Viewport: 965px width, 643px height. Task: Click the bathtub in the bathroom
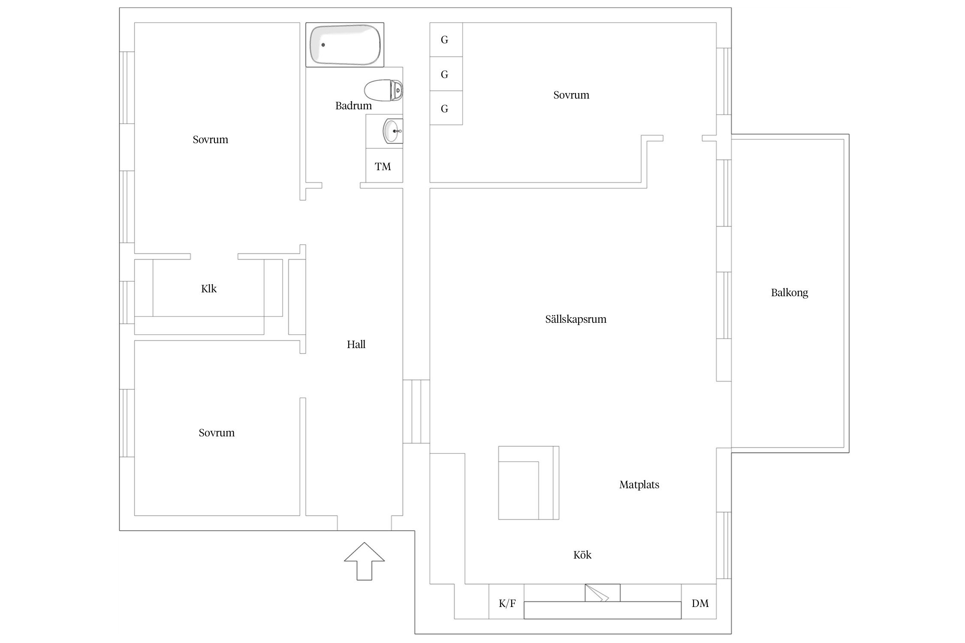[344, 45]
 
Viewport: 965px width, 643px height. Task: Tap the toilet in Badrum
[383, 90]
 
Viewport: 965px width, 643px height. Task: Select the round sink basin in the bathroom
[392, 131]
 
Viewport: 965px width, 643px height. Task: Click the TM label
[383, 166]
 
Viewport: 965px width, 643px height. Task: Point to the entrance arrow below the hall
[364, 561]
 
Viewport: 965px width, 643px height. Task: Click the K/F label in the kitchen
[507, 604]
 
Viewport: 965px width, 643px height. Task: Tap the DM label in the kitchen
[700, 604]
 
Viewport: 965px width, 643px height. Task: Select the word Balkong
[790, 293]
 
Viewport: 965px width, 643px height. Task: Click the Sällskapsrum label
[576, 319]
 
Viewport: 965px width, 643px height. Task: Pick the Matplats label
[639, 485]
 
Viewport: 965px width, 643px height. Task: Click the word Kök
[582, 555]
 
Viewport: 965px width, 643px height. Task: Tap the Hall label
[356, 344]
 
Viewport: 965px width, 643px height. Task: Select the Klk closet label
[209, 288]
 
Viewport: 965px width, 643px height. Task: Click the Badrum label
[353, 105]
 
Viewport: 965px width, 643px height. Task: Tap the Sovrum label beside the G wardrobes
[571, 95]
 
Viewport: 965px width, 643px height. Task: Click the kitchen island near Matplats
[528, 483]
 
